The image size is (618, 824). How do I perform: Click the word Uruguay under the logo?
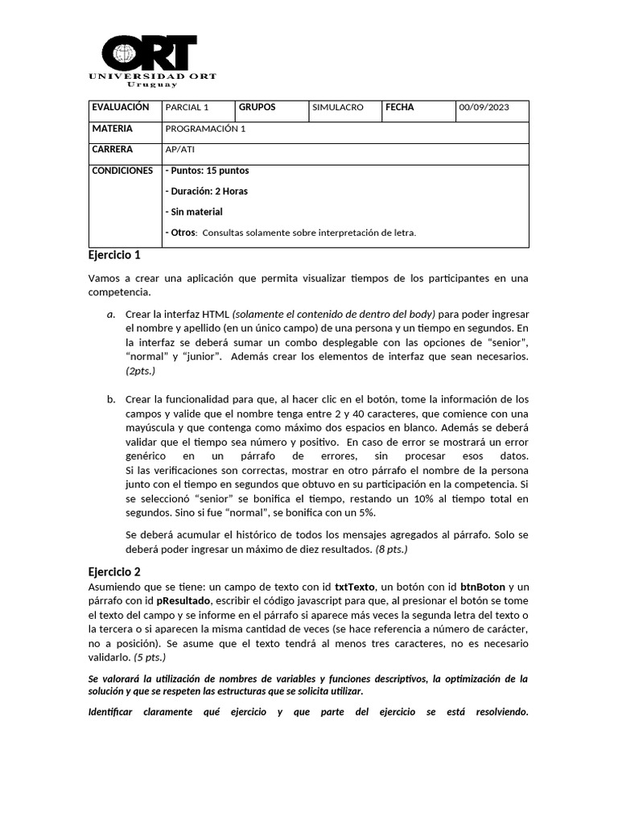[151, 84]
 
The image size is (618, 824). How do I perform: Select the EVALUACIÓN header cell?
[121, 107]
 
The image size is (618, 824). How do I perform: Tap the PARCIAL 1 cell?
[186, 107]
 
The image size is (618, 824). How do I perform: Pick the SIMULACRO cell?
[337, 107]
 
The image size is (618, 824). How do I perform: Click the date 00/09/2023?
[484, 107]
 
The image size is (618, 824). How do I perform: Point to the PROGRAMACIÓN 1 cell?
[204, 129]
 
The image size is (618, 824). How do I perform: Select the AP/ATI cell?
[179, 150]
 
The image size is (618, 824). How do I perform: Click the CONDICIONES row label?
[122, 171]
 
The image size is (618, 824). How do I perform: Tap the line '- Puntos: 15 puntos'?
[207, 171]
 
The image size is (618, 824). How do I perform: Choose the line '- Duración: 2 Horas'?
[206, 192]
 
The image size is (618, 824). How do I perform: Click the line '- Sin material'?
[193, 212]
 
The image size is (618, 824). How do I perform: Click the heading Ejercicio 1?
[114, 255]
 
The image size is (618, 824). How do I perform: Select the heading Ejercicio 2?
[114, 571]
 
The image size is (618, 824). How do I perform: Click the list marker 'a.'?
[110, 314]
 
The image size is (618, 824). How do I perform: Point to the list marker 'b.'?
[110, 399]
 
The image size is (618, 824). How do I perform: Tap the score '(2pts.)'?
[140, 371]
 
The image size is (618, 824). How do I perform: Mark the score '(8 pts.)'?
[392, 549]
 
